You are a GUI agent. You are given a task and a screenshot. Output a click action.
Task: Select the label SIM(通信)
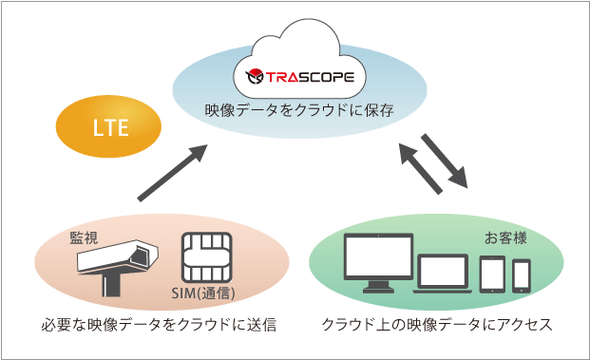click(207, 291)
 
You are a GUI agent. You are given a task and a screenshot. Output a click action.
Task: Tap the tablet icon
click(491, 275)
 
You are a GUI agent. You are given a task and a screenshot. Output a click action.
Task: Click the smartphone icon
click(522, 278)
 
